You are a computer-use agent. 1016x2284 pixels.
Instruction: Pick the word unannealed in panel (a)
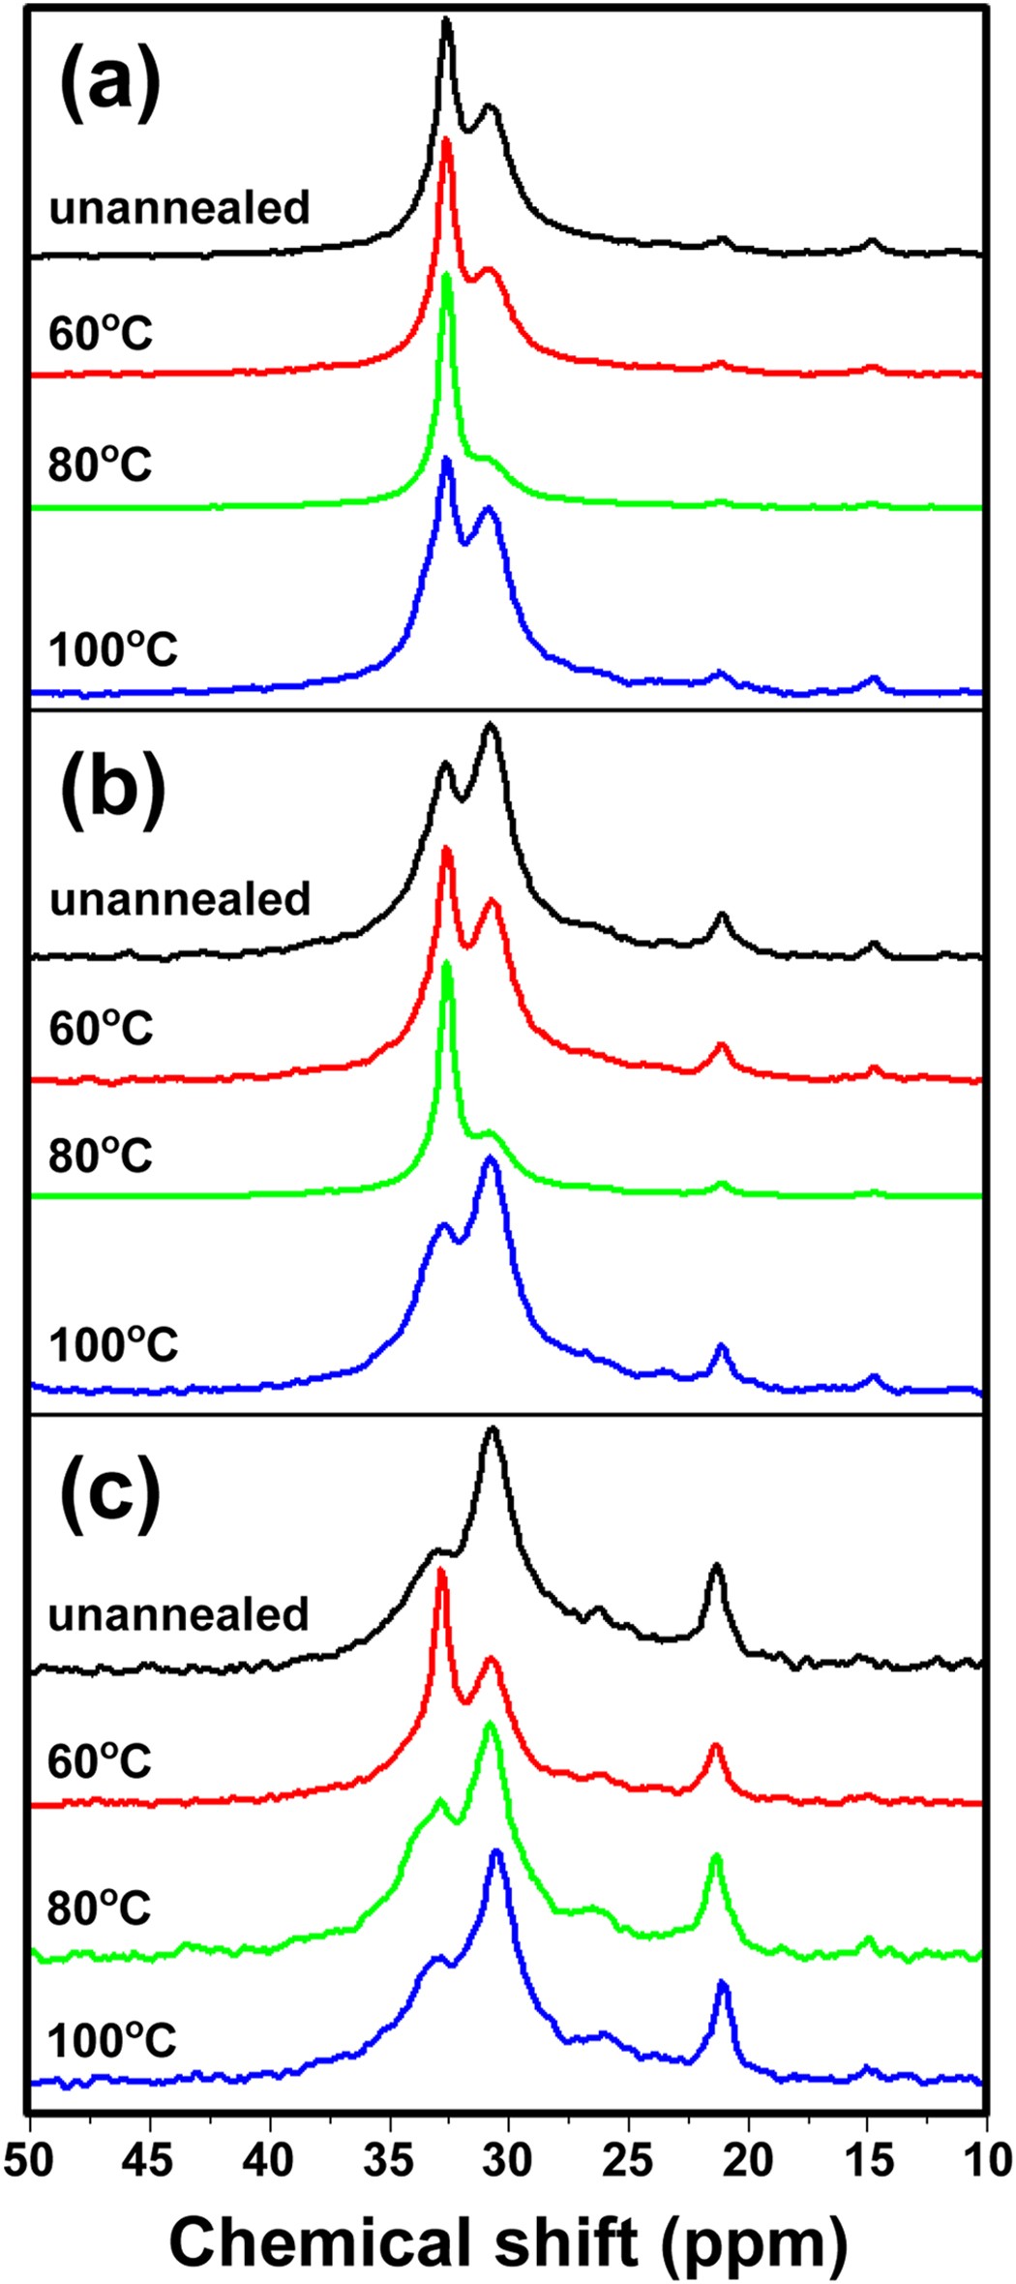[180, 208]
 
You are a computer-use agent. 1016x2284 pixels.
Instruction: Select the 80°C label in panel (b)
[101, 1155]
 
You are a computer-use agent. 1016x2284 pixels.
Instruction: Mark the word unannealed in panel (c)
[179, 1614]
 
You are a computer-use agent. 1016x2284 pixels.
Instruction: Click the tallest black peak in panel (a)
[446, 21]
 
